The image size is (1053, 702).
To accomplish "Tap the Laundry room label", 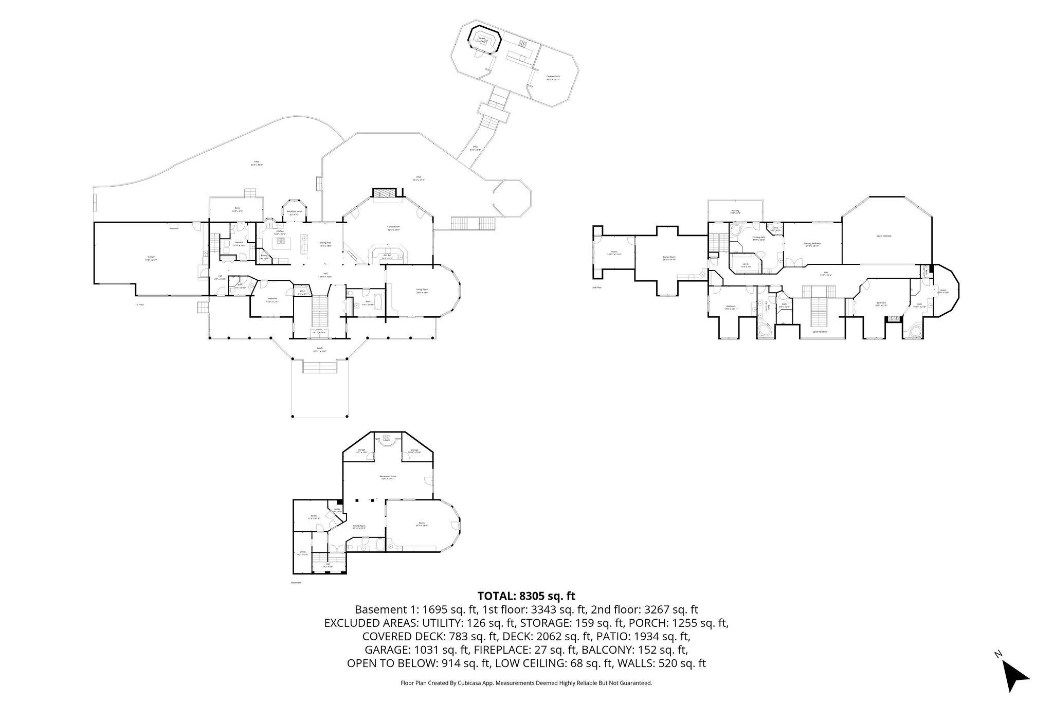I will click(239, 243).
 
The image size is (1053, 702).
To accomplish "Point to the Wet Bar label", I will click(388, 256).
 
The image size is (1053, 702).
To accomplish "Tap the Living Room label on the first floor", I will click(422, 290).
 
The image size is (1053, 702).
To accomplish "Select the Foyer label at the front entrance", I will click(319, 330).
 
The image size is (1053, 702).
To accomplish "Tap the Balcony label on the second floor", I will click(735, 211).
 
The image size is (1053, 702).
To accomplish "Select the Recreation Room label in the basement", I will click(388, 477).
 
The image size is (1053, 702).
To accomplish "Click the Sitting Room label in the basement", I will click(359, 526).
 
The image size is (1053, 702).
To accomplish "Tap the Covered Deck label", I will click(553, 77).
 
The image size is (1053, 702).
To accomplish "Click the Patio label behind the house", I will click(257, 162).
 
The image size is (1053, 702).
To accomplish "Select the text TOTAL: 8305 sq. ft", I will click(526, 596).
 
